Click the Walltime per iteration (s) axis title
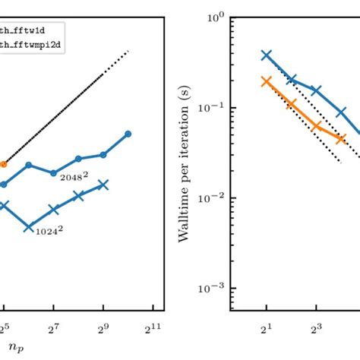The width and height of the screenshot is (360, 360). pos(185,151)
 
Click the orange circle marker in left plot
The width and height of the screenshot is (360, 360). pos(3,163)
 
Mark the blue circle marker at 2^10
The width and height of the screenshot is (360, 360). pos(128,134)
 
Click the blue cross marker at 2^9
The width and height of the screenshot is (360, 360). pos(103,184)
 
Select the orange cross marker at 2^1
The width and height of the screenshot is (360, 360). pos(267,81)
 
